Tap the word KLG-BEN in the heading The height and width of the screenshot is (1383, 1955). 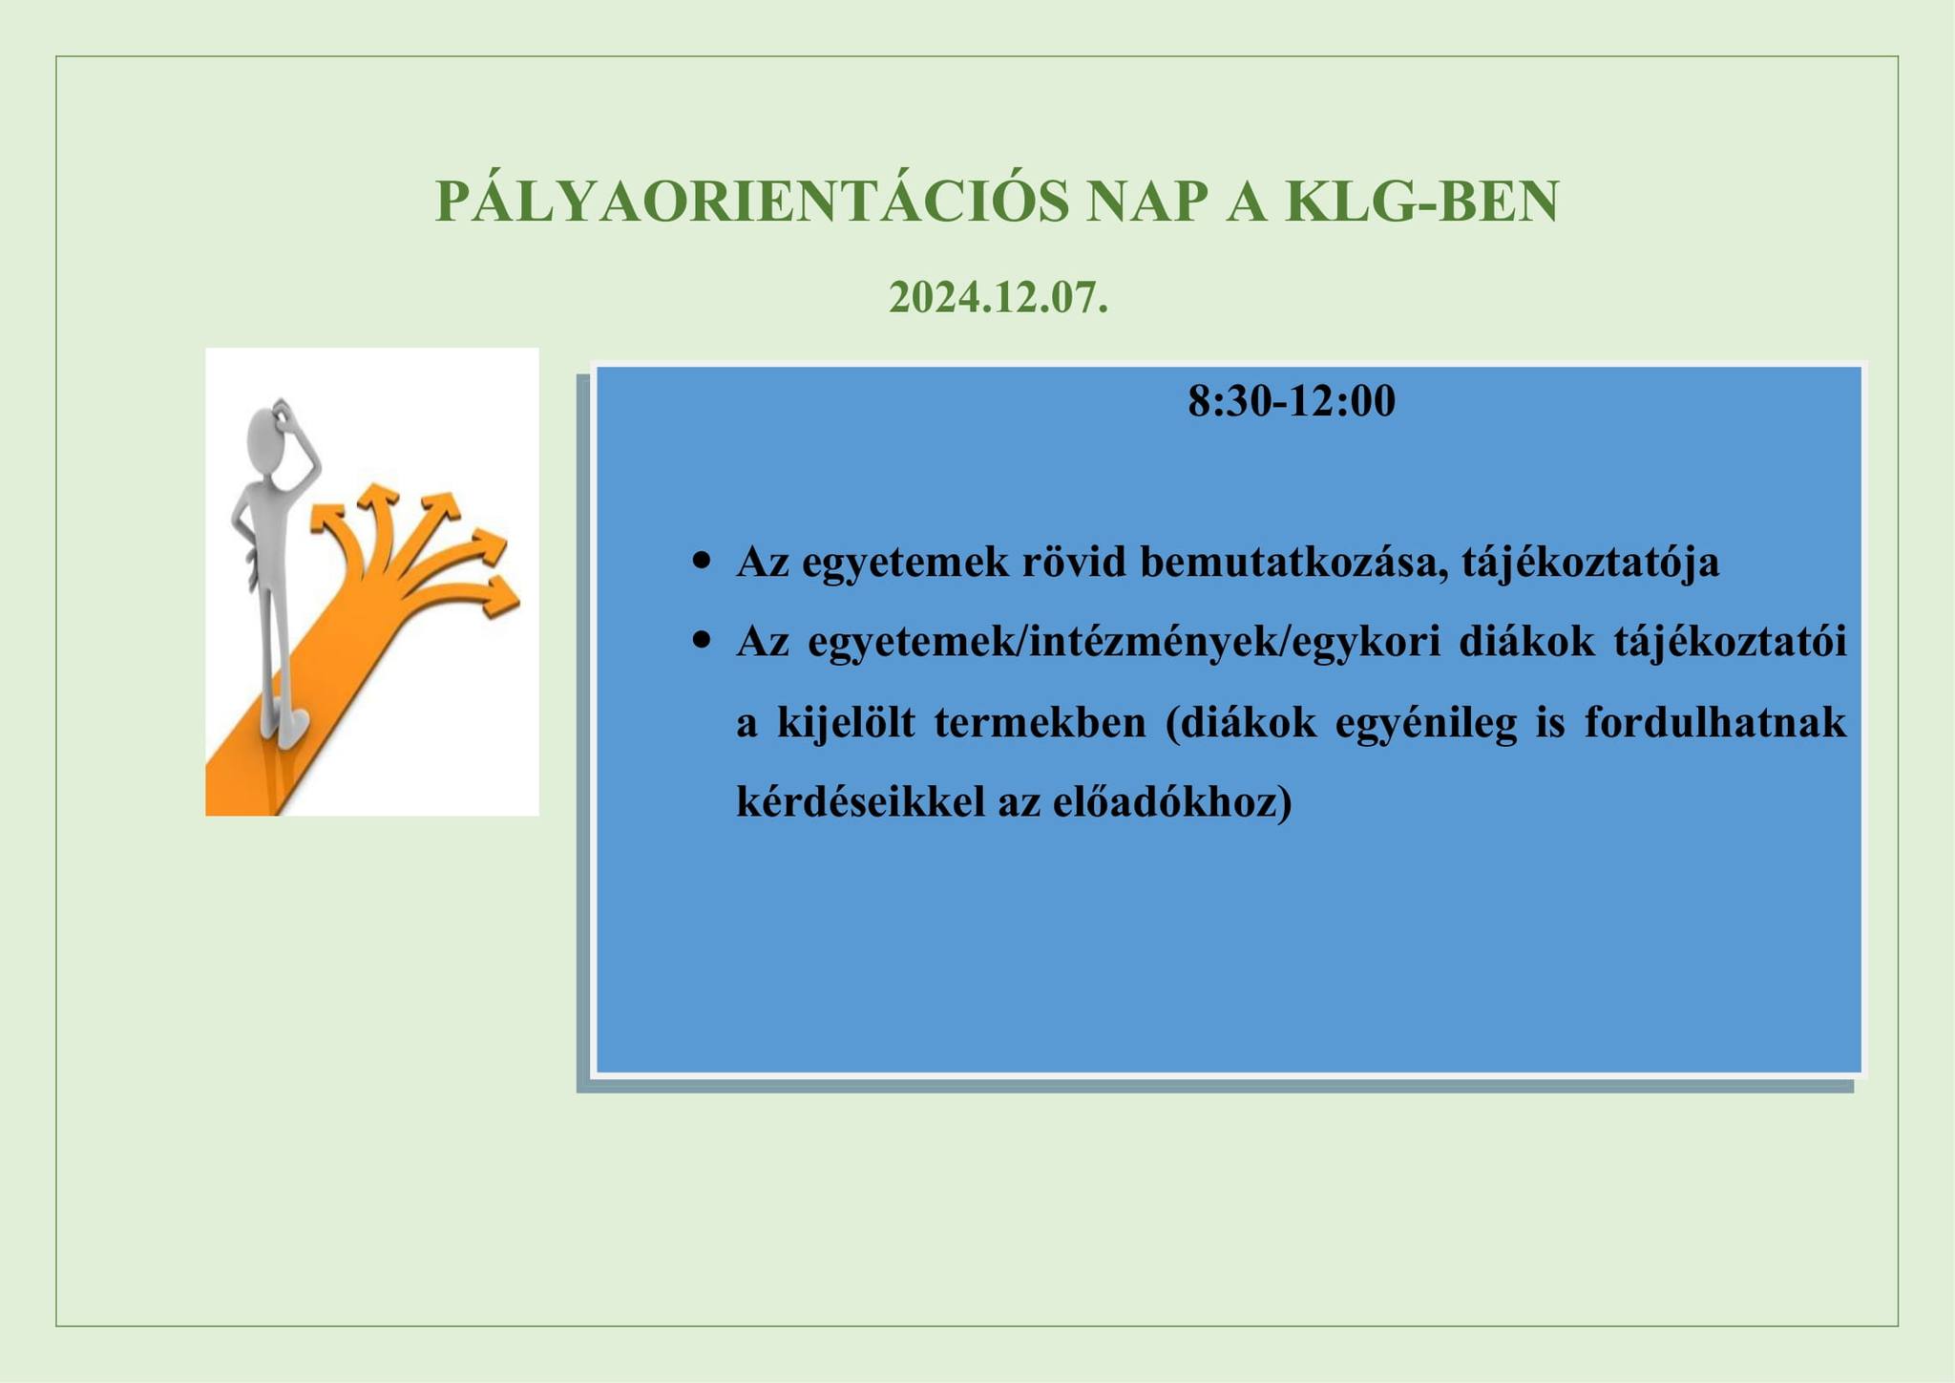point(1421,202)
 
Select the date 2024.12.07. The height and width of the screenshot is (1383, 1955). point(999,297)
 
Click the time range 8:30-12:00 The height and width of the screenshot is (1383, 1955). point(1292,401)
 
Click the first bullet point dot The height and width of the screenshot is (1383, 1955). point(704,561)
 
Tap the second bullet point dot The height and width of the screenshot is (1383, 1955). point(704,640)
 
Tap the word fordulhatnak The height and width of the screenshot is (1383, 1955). point(1715,722)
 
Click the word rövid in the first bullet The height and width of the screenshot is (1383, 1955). point(1075,563)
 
